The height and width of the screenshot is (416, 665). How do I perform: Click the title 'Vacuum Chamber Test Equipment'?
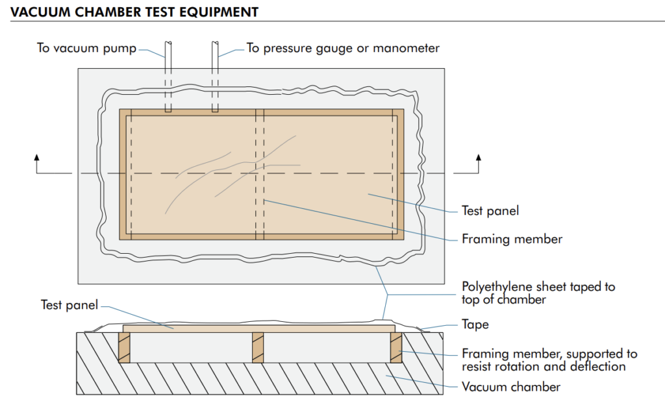tap(134, 12)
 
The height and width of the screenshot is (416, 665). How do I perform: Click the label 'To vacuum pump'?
tap(86, 49)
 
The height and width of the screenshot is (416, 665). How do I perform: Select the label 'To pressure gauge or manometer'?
tap(343, 49)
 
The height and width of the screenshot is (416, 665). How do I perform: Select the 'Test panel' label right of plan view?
tap(490, 211)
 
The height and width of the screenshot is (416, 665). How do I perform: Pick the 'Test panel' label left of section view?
tap(69, 305)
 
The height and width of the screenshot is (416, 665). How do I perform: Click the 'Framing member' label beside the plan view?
tap(512, 239)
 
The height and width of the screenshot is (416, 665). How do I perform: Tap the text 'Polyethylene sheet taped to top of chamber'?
tap(538, 293)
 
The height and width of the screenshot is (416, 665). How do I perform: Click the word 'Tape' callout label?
tap(475, 324)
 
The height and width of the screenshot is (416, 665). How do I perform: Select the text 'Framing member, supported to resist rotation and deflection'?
tap(549, 360)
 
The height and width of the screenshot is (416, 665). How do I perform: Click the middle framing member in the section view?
tap(258, 348)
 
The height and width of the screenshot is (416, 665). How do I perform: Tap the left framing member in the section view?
tap(125, 348)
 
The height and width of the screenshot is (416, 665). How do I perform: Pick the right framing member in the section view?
tap(395, 348)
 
